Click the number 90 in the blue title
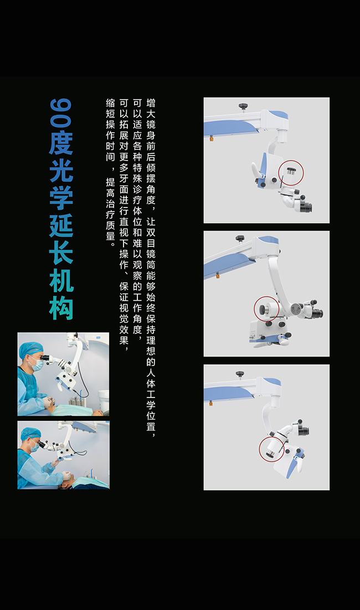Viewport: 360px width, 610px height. click(x=61, y=113)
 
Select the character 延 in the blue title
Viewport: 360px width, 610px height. click(x=61, y=225)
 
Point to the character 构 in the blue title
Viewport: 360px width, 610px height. click(x=61, y=308)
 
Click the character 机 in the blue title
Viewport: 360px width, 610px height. click(x=61, y=281)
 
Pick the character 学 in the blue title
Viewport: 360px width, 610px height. click(x=61, y=198)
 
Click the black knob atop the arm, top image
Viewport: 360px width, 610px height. click(x=243, y=106)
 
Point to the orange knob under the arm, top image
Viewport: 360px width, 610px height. click(x=212, y=138)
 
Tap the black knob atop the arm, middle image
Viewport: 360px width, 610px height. click(x=240, y=237)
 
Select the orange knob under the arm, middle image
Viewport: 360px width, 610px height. click(x=217, y=276)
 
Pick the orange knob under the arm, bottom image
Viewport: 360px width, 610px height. click(x=210, y=403)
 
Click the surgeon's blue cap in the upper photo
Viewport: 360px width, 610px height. click(x=30, y=349)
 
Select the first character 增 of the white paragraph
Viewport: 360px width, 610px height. click(x=151, y=103)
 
